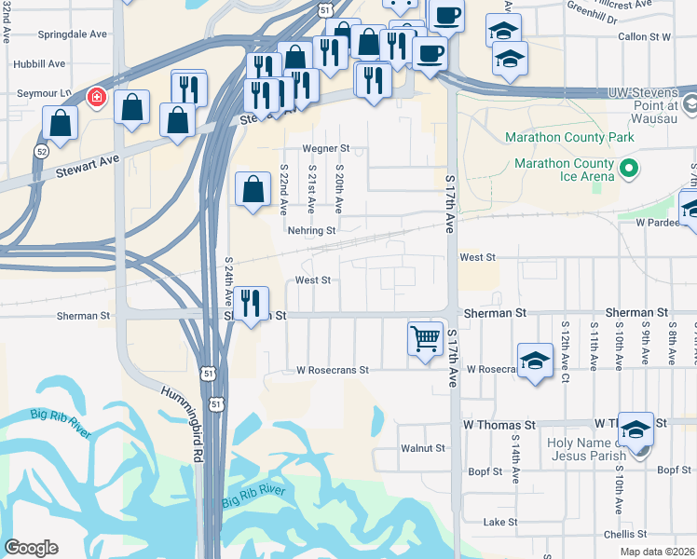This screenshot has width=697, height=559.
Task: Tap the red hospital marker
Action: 95,97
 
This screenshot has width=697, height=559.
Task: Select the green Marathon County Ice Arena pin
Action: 629,169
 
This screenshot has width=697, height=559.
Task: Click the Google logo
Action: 31,548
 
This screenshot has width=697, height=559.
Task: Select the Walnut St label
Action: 422,448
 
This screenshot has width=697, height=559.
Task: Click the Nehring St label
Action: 311,230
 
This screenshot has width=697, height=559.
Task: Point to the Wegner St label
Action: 324,148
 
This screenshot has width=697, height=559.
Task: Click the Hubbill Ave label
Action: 39,63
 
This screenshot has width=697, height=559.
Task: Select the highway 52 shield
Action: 41,151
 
